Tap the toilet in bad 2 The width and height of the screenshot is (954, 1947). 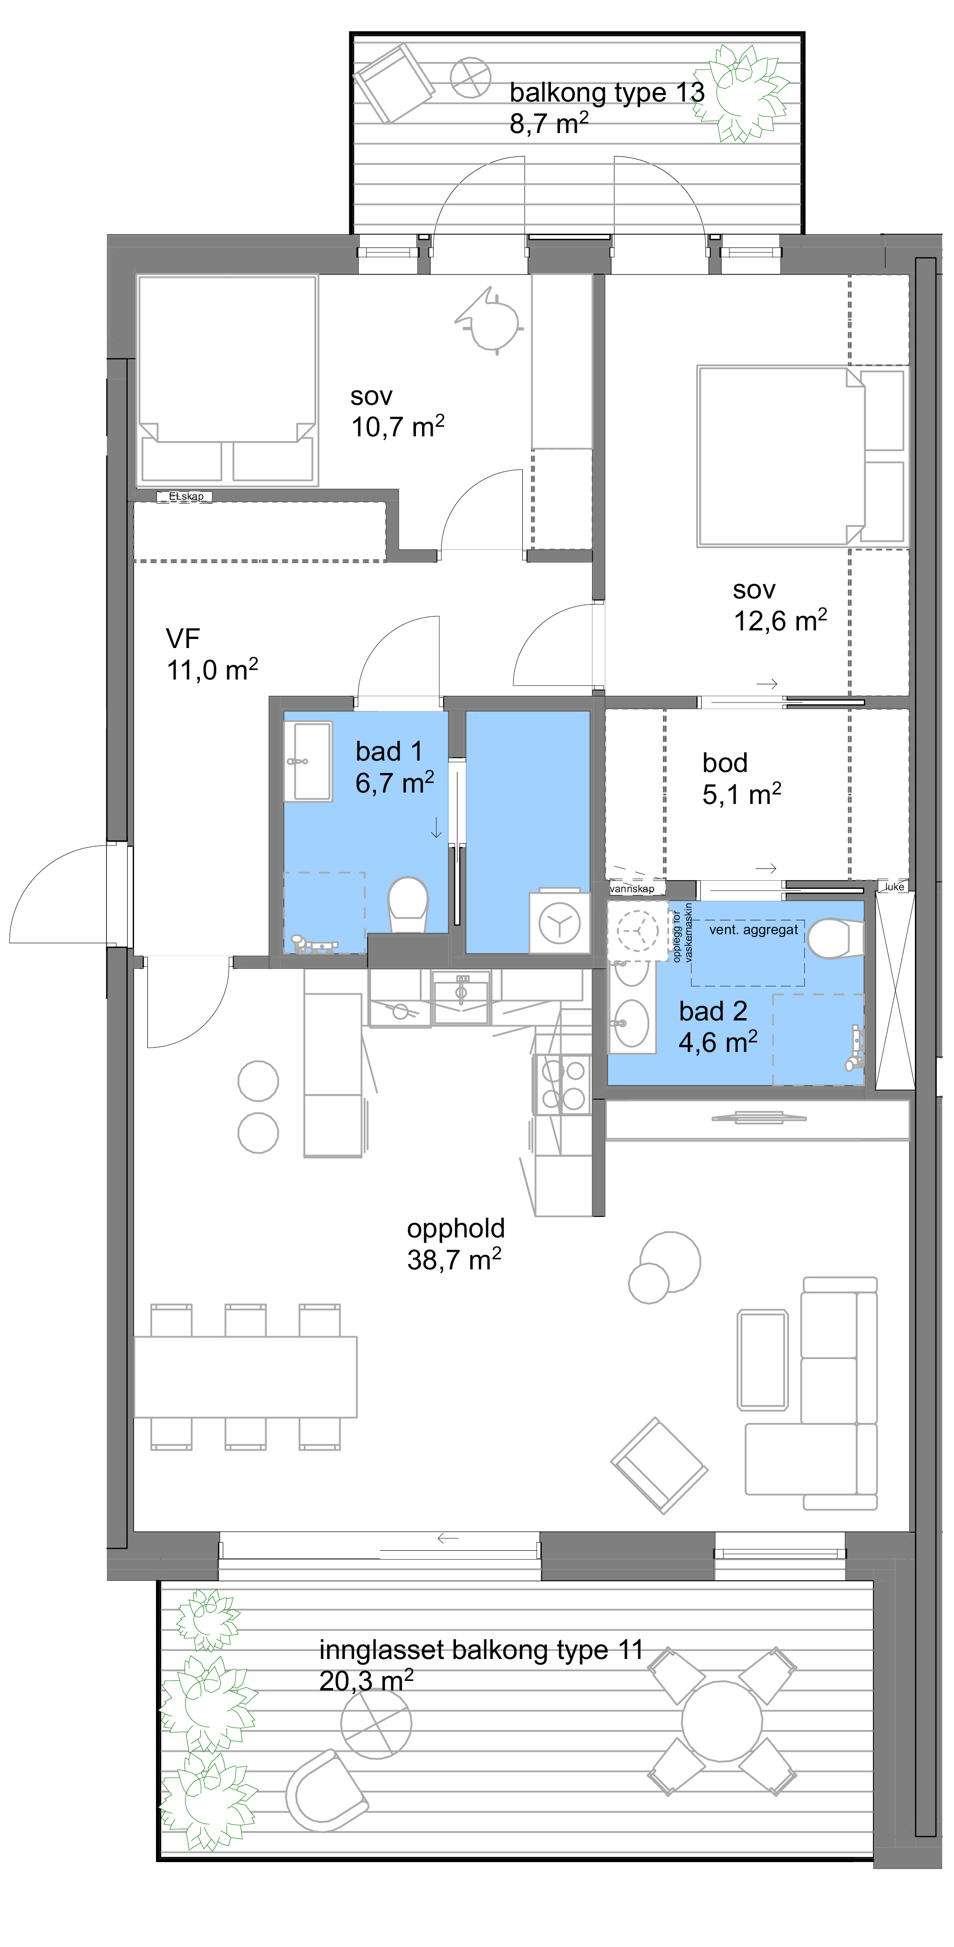point(835,938)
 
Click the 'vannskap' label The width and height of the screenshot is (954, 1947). point(632,889)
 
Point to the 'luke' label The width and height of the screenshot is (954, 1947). point(894,886)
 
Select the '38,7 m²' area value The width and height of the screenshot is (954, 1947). point(454,1260)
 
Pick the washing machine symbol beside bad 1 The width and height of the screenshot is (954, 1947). point(559,922)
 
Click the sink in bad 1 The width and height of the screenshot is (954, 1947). point(308,761)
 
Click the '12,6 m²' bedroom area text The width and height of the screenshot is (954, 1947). point(780,620)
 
